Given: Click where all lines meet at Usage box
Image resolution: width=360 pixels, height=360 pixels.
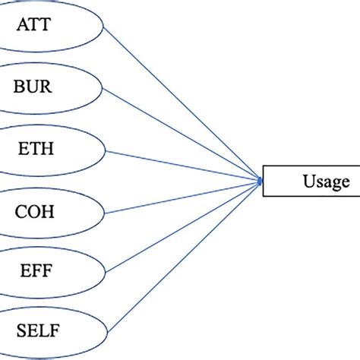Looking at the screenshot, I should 260,181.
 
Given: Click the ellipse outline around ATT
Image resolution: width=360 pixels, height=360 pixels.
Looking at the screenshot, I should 102,24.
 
